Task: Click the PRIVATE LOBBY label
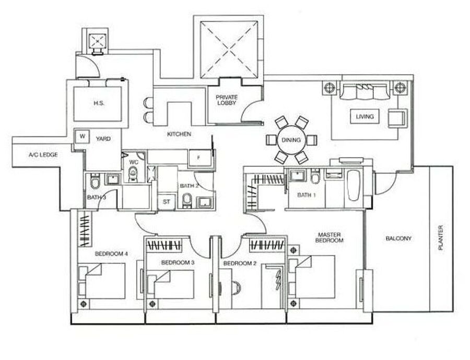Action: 227,100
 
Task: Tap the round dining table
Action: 291,140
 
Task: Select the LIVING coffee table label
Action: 365,116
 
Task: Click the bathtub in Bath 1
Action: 354,185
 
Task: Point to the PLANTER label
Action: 441,238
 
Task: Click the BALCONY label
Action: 398,239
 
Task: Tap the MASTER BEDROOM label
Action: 330,237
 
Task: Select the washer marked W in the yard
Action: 83,137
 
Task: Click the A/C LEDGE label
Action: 43,155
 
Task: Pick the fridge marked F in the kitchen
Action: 199,158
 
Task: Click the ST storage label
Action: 167,202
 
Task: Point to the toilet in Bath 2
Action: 187,200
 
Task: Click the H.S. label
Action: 99,103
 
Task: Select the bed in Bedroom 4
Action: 102,281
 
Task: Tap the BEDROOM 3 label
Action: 178,262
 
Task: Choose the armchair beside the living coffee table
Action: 398,118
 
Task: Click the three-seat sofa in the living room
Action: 365,92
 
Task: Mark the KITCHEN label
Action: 179,134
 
